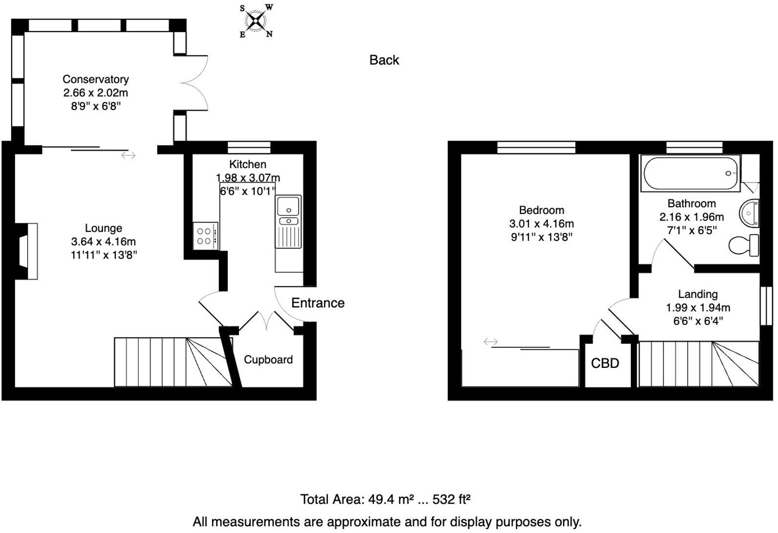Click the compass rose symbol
(x=256, y=21)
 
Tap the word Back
(x=384, y=60)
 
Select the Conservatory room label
(x=96, y=79)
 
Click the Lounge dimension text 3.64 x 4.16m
(x=104, y=241)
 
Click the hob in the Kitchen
(x=205, y=236)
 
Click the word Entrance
(x=318, y=303)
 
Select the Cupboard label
(x=268, y=360)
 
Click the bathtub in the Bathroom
(x=691, y=173)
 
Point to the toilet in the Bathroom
(x=744, y=245)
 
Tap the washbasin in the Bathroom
(x=750, y=213)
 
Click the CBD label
(x=605, y=363)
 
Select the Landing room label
(x=697, y=294)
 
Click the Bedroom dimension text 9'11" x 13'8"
(x=541, y=237)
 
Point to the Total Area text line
(x=385, y=499)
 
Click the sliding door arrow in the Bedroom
(x=491, y=341)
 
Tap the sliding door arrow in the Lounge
(x=129, y=155)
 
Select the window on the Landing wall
(x=766, y=306)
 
